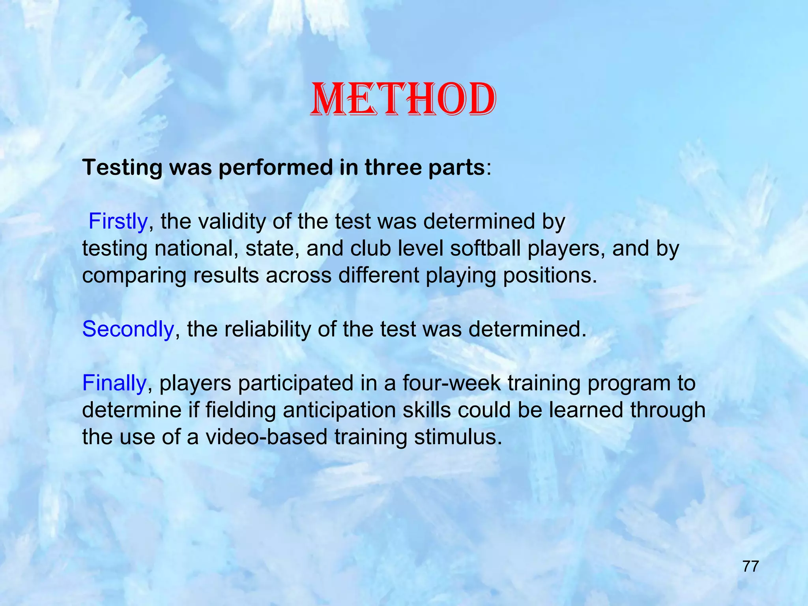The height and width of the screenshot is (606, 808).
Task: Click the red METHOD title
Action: (403, 99)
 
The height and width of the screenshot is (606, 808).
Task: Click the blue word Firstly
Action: (118, 221)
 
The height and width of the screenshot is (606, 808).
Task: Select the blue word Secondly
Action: (128, 329)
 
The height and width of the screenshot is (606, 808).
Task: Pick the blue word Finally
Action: (114, 383)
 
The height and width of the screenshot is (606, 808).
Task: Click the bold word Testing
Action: (122, 168)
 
